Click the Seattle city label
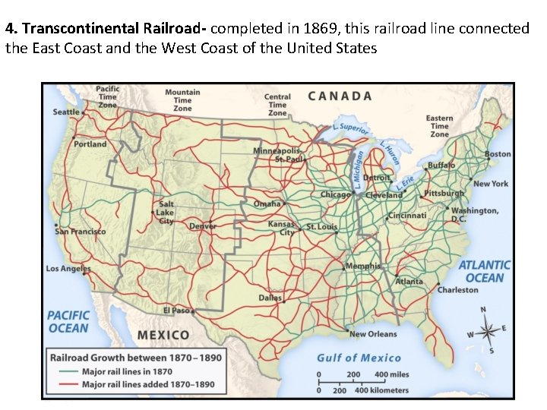(66, 112)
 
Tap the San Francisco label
(81, 232)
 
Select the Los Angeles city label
(68, 269)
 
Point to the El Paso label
(175, 310)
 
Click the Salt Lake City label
(166, 213)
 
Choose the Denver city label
(203, 226)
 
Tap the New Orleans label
(373, 334)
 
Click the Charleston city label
(458, 290)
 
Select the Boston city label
(498, 154)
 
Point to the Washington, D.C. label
(475, 214)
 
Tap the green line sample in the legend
(67, 372)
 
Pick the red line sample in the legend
(67, 384)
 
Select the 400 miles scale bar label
(392, 375)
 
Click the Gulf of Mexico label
(359, 358)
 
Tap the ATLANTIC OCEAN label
(484, 271)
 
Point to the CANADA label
(340, 96)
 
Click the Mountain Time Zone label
(182, 100)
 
